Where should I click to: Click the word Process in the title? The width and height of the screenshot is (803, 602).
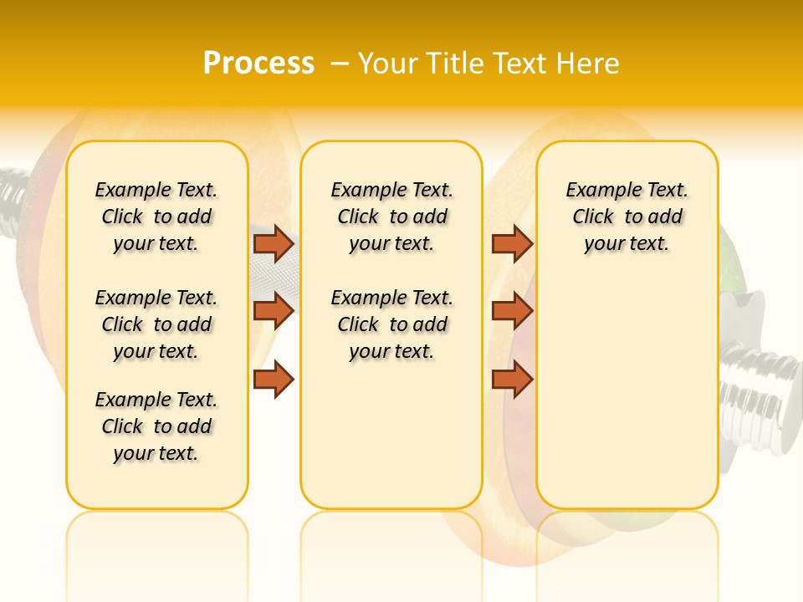[258, 64]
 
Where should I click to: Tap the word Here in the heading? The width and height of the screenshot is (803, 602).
[589, 64]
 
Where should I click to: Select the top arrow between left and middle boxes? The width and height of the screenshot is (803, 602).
[274, 243]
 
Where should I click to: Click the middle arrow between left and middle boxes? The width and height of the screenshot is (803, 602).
[274, 311]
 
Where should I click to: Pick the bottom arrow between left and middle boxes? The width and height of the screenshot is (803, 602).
[274, 380]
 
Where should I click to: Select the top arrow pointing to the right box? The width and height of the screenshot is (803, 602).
[512, 243]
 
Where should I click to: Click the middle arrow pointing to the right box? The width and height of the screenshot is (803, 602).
[512, 311]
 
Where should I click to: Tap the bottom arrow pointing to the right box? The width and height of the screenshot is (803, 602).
[512, 380]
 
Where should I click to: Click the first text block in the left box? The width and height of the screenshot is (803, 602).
[156, 217]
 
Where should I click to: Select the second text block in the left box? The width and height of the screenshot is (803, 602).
[156, 324]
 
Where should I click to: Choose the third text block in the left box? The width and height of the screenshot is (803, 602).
[156, 426]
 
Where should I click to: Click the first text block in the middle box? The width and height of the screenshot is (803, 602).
[391, 217]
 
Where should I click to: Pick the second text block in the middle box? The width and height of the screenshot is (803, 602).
[391, 324]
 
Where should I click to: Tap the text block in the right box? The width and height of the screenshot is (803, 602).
[627, 217]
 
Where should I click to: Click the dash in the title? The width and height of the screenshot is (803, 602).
[339, 64]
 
